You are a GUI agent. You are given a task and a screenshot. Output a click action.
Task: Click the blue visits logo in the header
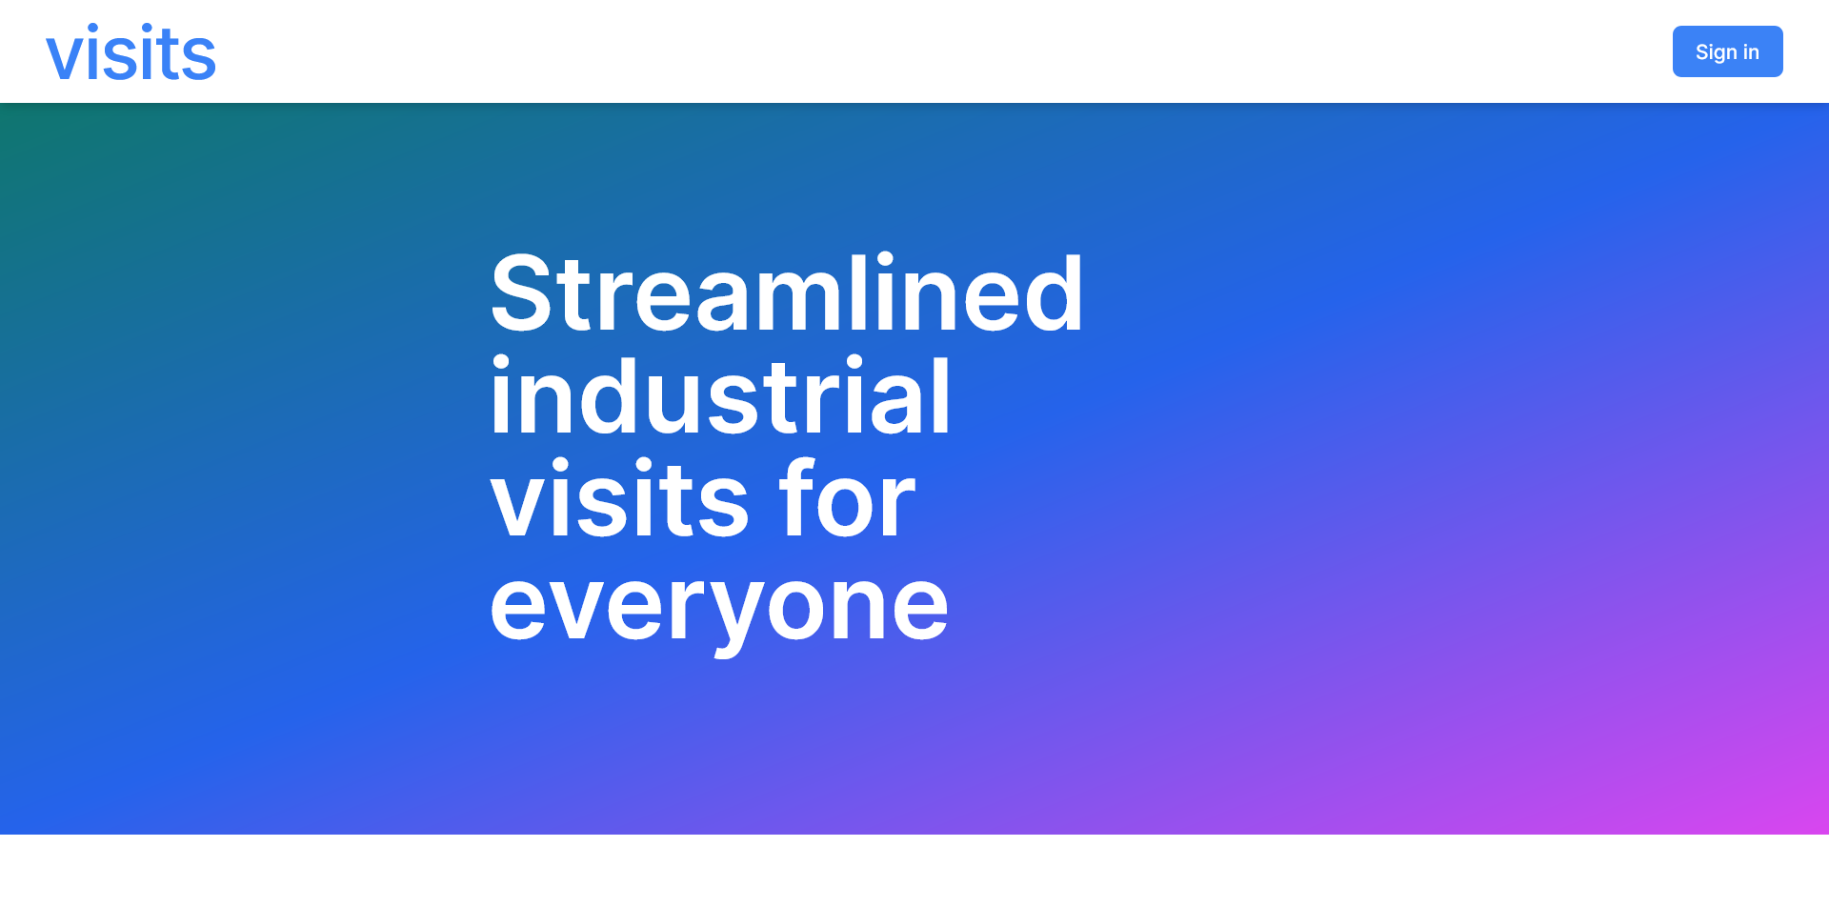tap(131, 53)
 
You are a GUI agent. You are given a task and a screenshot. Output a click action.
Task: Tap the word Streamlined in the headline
tap(787, 293)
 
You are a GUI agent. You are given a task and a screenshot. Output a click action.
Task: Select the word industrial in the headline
tap(720, 396)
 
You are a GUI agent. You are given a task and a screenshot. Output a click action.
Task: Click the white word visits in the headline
tap(620, 499)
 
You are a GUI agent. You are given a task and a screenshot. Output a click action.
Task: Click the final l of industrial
tap(941, 395)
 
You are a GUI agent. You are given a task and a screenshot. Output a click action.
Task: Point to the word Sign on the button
tap(1717, 52)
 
